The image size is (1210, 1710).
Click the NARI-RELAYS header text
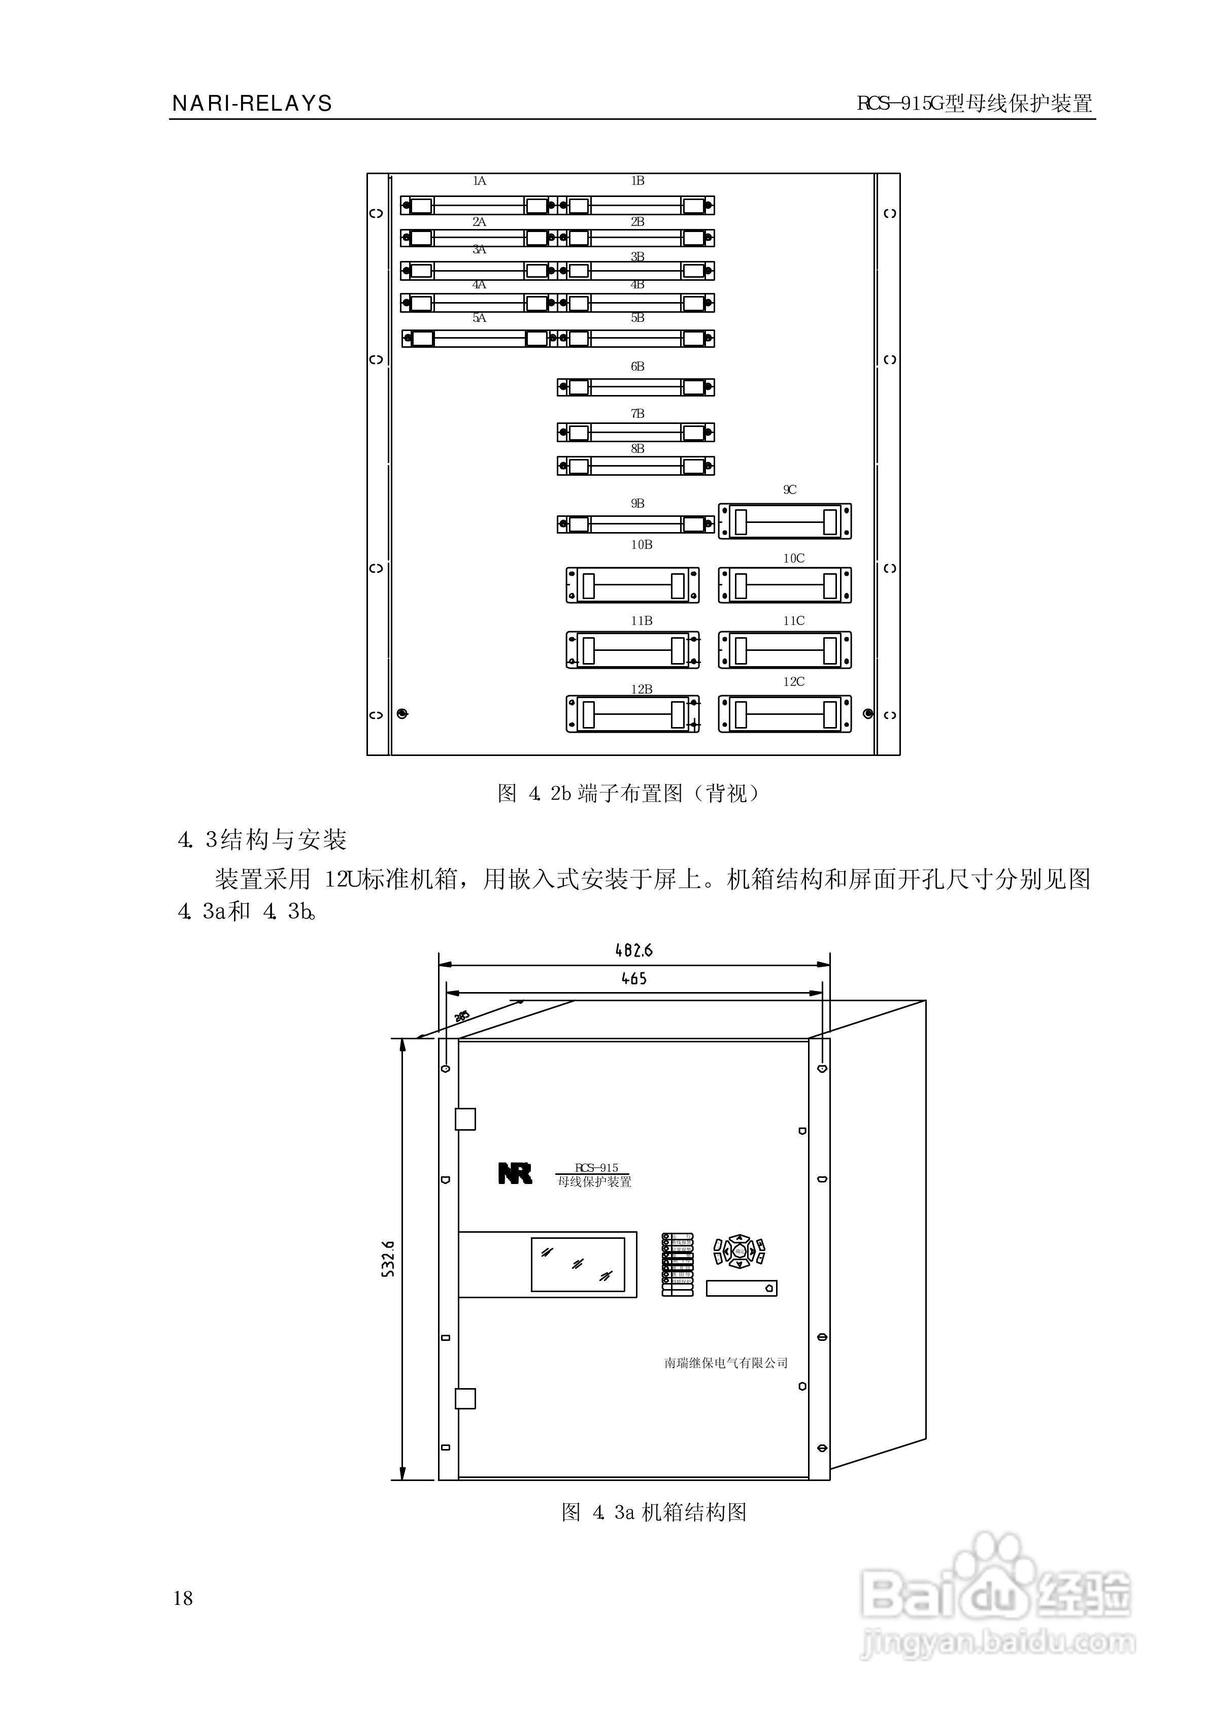pyautogui.click(x=252, y=104)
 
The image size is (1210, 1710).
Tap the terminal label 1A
pyautogui.click(x=479, y=181)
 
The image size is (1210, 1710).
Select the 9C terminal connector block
pyautogui.click(x=785, y=521)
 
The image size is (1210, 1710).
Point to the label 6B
pyautogui.click(x=637, y=367)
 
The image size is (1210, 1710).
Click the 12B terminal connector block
pyautogui.click(x=632, y=714)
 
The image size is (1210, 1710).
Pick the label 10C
pyautogui.click(x=793, y=558)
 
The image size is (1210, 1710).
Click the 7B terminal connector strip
pyautogui.click(x=635, y=432)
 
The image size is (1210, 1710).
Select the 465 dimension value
pyautogui.click(x=634, y=978)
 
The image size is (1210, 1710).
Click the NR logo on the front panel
pyautogui.click(x=515, y=1173)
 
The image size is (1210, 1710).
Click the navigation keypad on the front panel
pyautogui.click(x=738, y=1251)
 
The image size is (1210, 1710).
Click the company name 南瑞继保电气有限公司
pyautogui.click(x=726, y=1363)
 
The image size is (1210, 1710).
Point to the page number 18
pyautogui.click(x=183, y=1597)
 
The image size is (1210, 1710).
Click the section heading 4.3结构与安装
pyautogui.click(x=262, y=840)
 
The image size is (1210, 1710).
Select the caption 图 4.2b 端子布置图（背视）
pyautogui.click(x=629, y=794)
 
